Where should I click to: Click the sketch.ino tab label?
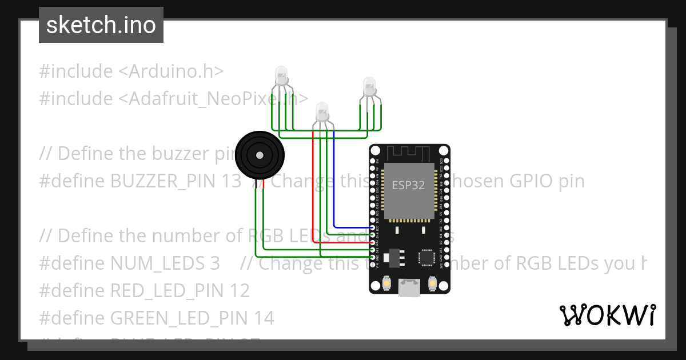pyautogui.click(x=101, y=25)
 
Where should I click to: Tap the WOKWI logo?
pyautogui.click(x=607, y=315)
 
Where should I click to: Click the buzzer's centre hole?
pyautogui.click(x=260, y=155)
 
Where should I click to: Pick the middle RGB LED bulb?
pyautogui.click(x=322, y=110)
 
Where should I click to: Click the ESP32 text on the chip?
pyautogui.click(x=408, y=185)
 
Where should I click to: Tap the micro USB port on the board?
pyautogui.click(x=409, y=287)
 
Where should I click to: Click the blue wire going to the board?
pyautogui.click(x=334, y=189)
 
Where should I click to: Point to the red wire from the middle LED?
pyautogui.click(x=313, y=189)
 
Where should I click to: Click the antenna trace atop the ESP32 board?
pyautogui.click(x=408, y=153)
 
